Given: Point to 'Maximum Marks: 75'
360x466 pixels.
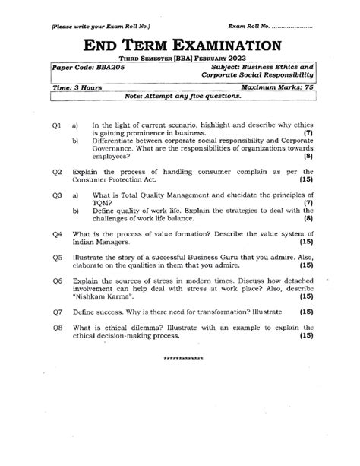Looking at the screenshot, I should click(x=277, y=87).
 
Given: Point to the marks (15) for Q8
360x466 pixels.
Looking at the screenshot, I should click(x=306, y=334).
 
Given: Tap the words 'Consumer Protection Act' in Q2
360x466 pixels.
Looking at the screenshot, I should click(x=112, y=180).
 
